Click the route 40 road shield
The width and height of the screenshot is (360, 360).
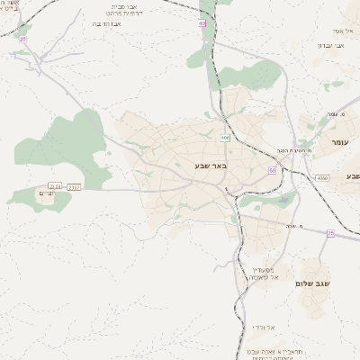[202, 23]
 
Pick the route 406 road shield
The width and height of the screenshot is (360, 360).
[224, 138]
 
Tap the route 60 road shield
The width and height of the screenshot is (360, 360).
[272, 169]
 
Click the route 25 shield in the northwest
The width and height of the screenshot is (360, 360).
[22, 39]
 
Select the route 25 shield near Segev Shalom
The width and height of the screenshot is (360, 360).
[330, 234]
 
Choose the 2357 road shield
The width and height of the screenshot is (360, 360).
[74, 186]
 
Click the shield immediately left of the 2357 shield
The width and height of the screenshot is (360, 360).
[56, 186]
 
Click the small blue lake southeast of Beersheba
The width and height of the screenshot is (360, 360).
[286, 200]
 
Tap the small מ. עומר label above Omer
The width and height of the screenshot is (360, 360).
[337, 114]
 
